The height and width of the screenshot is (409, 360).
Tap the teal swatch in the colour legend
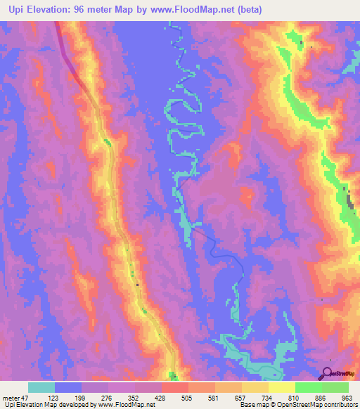point(41,387)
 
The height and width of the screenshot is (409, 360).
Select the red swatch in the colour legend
point(175,387)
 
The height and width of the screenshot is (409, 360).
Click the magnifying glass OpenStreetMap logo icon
point(327,373)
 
